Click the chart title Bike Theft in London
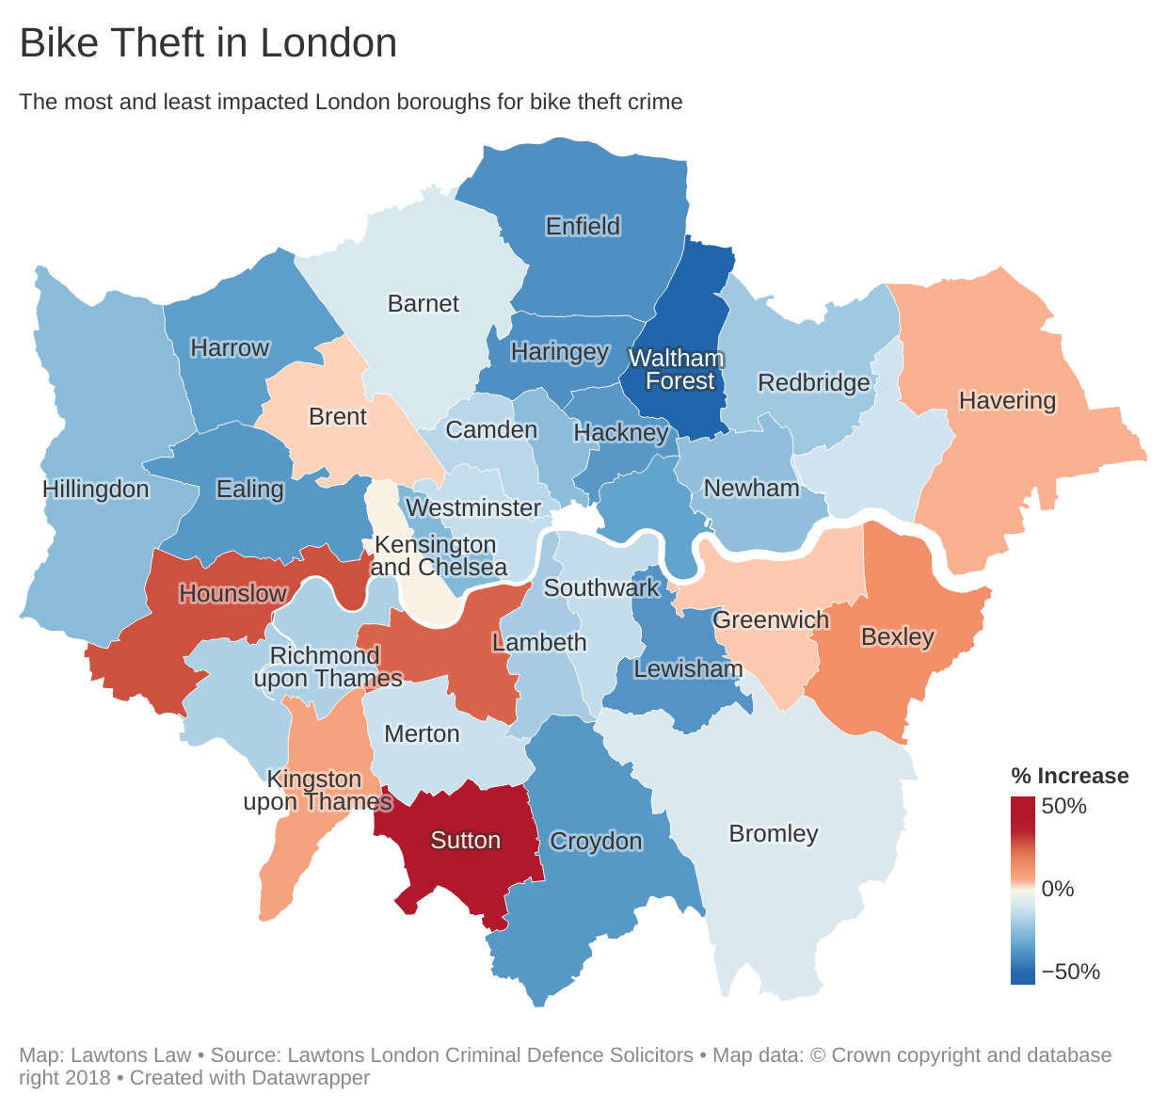208,44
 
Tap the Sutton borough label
465,840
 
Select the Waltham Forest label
677,370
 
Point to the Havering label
1007,400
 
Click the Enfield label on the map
583,226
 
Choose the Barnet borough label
424,303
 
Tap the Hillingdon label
96,489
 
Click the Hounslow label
232,593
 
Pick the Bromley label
774,833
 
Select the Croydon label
596,841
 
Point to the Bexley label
898,636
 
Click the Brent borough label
338,416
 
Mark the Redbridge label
814,382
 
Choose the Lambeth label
539,642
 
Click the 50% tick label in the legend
1063,806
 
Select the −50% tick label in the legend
1070,972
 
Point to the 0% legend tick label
1058,889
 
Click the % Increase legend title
1069,776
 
